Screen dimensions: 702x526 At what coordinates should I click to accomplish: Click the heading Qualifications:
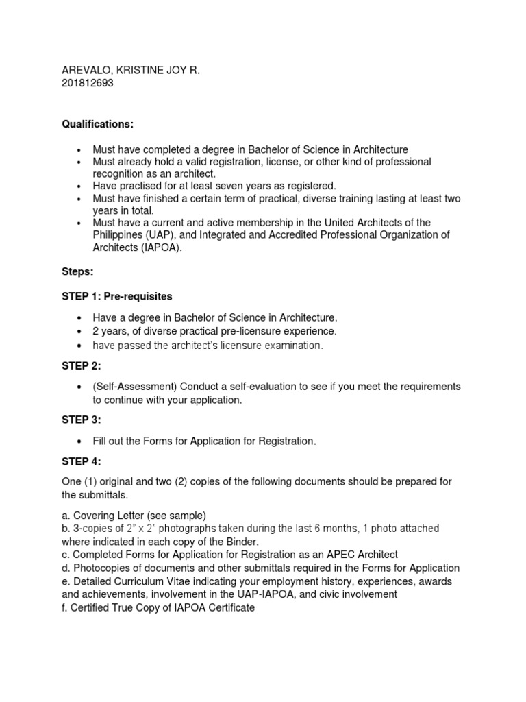tap(98, 123)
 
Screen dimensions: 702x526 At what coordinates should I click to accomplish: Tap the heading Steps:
tap(78, 272)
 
